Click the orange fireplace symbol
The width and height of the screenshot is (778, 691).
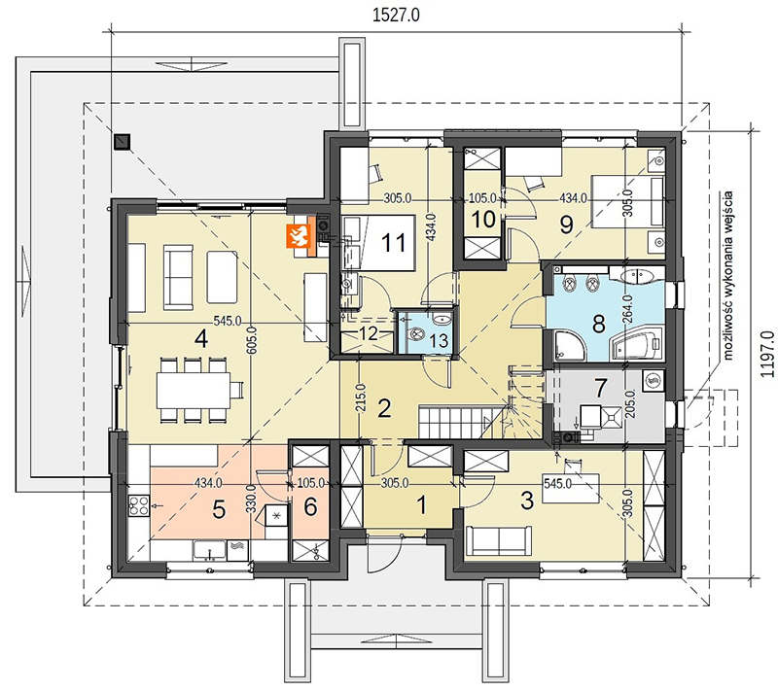[x=298, y=236]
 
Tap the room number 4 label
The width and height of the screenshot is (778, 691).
[x=201, y=339]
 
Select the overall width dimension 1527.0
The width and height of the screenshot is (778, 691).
[x=396, y=16]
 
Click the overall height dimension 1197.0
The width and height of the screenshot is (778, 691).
[x=766, y=354]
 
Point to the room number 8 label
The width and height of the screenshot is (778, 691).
[x=599, y=325]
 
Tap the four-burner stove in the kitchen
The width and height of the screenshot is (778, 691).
[x=139, y=505]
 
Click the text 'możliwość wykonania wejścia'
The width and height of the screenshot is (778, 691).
[x=727, y=275]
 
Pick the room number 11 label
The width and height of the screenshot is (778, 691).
[x=394, y=242]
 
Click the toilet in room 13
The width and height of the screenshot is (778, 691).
[x=414, y=334]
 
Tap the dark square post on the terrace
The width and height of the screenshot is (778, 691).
[x=122, y=142]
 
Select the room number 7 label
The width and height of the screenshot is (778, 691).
[x=601, y=388]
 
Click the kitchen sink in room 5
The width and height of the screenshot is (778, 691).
[x=209, y=550]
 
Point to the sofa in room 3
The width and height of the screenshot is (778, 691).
[x=499, y=541]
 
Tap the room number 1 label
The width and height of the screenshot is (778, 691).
[x=422, y=506]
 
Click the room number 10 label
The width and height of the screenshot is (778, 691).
[x=483, y=220]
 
